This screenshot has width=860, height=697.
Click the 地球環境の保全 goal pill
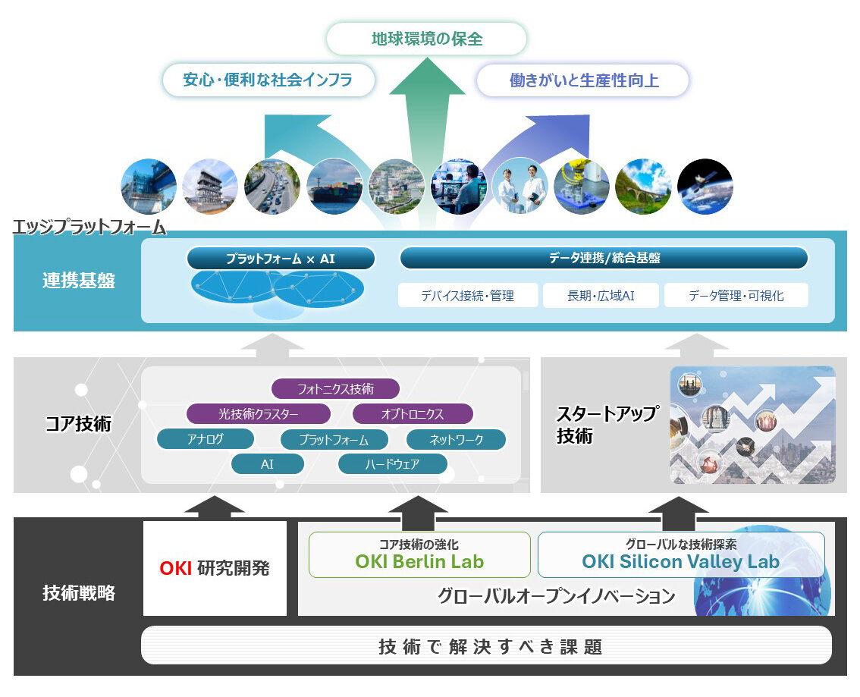pos(426,39)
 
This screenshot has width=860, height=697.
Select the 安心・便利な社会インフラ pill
pos(268,80)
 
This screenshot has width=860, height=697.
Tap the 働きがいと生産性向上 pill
pos(583,80)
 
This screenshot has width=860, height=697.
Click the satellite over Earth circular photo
pos(705,187)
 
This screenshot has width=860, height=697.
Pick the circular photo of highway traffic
pos(272,187)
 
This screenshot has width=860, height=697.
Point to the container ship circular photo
pos(334,187)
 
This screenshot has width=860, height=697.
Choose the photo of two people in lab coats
pos(519,187)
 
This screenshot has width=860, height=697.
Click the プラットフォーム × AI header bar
pos(281,259)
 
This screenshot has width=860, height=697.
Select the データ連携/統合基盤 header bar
pos(604,259)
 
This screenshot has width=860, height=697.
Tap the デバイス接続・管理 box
pos(468,296)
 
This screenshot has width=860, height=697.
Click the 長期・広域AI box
pos(601,296)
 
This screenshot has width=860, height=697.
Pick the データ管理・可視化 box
pos(736,296)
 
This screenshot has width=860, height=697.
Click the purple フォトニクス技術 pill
pos(335,389)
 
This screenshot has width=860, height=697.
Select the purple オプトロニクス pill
pos(413,414)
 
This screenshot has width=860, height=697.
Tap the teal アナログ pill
pos(205,439)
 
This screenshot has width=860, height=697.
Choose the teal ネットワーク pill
pos(456,439)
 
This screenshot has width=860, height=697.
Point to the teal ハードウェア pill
pos(392,464)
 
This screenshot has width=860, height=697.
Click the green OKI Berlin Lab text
pos(419,562)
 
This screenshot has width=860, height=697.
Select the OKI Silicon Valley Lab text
pos(680,562)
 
